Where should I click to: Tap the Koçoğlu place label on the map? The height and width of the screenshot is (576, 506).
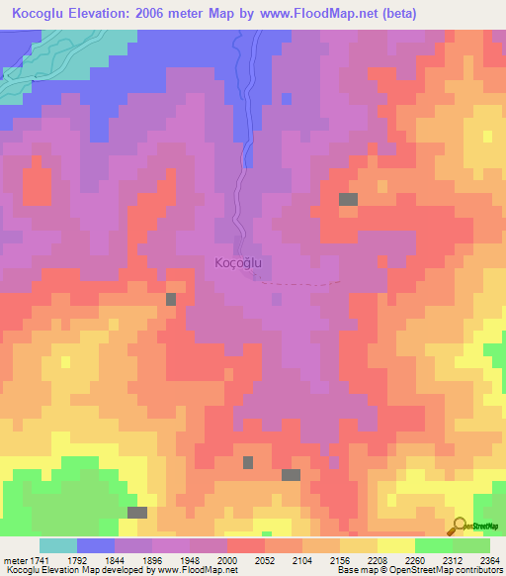click(237, 263)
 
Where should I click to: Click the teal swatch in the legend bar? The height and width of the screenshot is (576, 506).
click(57, 545)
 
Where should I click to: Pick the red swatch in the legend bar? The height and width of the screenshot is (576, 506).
click(246, 545)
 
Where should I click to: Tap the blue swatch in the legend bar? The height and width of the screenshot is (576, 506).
click(96, 545)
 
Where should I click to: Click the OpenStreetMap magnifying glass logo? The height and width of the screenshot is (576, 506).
click(458, 525)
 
